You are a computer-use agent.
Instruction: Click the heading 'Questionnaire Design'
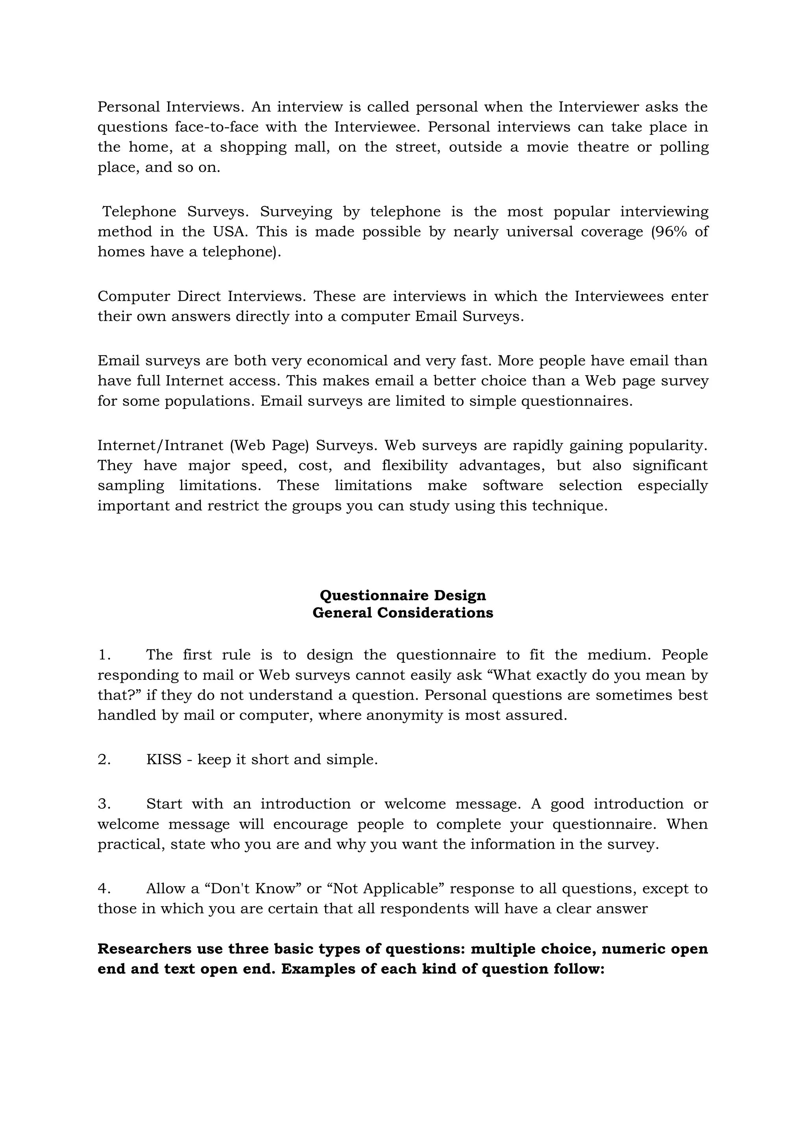pyautogui.click(x=403, y=595)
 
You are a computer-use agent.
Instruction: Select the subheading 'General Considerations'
pyautogui.click(x=403, y=613)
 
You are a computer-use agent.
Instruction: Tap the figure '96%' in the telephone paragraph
pyautogui.click(x=669, y=232)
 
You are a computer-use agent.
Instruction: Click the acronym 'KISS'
pyautogui.click(x=164, y=759)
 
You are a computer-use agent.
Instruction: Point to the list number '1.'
pyautogui.click(x=104, y=655)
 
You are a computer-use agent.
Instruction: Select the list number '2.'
pyautogui.click(x=104, y=759)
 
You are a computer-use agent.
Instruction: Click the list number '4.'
pyautogui.click(x=104, y=888)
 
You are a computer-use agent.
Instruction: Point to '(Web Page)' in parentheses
pyautogui.click(x=270, y=446)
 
